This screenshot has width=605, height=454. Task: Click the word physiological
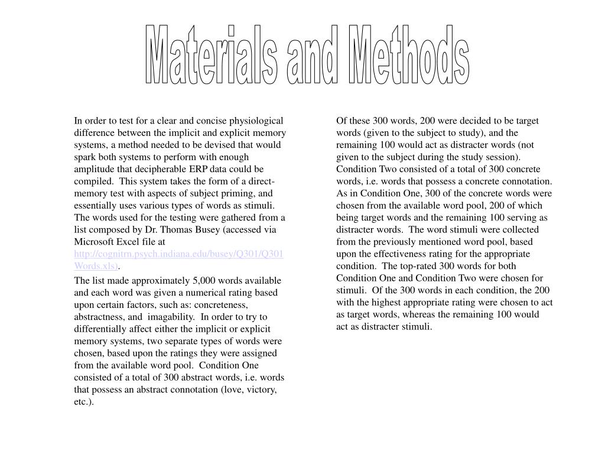pos(256,121)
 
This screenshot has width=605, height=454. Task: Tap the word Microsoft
pos(94,242)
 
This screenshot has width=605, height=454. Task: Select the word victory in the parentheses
pos(262,390)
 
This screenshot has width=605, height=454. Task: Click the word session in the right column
pos(503,157)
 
